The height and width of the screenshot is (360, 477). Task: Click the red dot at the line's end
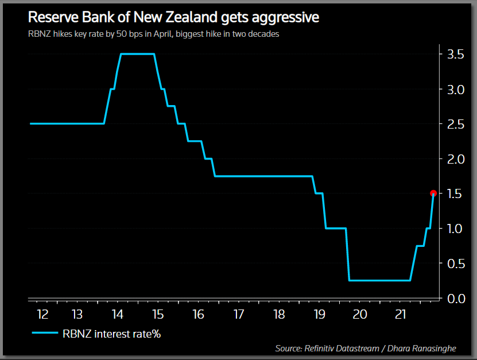click(x=433, y=193)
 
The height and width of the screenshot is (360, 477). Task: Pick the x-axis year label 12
click(x=42, y=315)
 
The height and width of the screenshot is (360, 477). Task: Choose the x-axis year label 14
click(x=117, y=315)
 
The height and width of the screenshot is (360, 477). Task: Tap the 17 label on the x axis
click(x=239, y=315)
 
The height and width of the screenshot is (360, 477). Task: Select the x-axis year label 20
click(x=360, y=315)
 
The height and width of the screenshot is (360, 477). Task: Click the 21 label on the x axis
click(x=401, y=315)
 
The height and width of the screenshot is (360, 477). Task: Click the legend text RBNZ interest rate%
click(x=111, y=333)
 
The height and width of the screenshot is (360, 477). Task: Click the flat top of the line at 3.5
click(x=137, y=54)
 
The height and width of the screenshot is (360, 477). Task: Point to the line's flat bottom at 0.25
click(x=379, y=280)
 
